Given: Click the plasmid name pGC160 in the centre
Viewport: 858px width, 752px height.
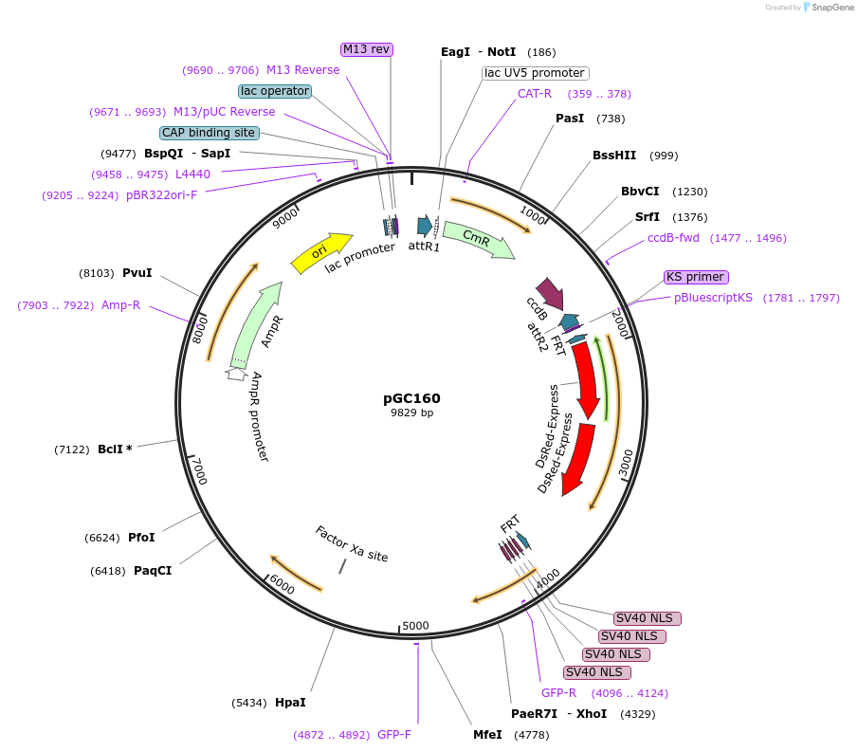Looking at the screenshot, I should [411, 398].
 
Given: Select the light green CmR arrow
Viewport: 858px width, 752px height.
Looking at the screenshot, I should [478, 241].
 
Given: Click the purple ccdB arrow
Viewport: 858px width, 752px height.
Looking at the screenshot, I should [549, 293].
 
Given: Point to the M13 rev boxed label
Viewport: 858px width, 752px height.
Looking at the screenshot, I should [367, 49].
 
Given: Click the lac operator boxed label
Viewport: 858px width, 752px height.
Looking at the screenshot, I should [275, 91].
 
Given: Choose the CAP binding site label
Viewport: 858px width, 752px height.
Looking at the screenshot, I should [208, 133].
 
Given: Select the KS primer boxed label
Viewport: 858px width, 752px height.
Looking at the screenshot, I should [696, 277].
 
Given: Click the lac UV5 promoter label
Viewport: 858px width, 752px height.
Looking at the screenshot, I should [535, 73].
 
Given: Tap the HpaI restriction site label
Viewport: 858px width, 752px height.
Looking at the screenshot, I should [290, 703].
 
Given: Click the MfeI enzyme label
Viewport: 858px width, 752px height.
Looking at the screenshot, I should [488, 735].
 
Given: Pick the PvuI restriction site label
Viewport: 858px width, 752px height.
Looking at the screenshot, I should [137, 272].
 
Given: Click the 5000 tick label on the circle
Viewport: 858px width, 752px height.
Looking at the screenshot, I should [415, 626].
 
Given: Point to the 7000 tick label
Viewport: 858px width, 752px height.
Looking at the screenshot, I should [198, 471].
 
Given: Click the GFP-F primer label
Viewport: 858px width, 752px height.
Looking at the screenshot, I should [393, 735].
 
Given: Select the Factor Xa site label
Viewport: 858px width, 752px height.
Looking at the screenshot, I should [352, 544].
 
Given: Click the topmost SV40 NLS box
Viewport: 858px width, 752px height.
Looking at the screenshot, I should [648, 618].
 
